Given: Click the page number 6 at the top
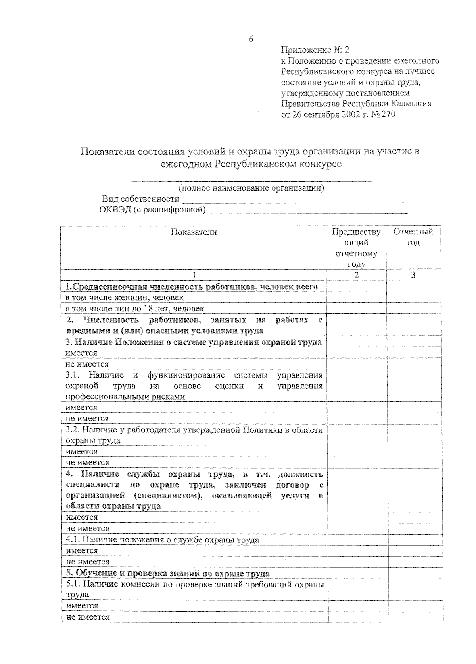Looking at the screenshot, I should [250, 39].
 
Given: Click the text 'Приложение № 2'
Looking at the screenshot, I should [315, 50].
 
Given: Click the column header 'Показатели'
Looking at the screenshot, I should [194, 232].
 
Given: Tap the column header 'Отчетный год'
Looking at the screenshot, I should [413, 237].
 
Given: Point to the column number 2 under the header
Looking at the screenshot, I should [356, 275].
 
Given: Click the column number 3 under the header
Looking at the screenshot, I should [413, 275].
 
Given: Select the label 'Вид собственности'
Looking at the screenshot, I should [140, 199].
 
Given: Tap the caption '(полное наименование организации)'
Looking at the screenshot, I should [251, 188].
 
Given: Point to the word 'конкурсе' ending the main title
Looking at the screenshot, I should [323, 164].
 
